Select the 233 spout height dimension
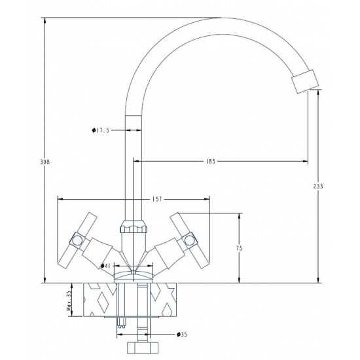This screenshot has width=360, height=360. click(319, 187)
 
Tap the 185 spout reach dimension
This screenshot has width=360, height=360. click(210, 160)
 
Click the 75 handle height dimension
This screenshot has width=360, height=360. click(240, 248)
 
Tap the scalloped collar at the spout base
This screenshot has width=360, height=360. click(134, 229)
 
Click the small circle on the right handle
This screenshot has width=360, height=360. click(189, 243)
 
